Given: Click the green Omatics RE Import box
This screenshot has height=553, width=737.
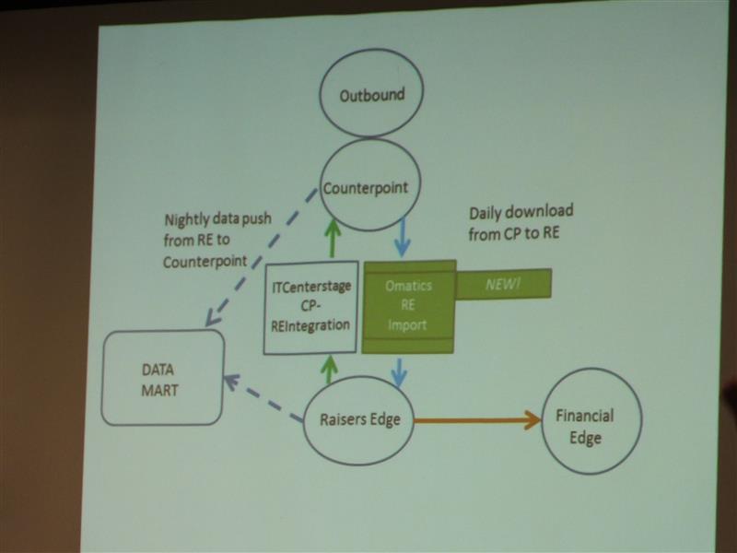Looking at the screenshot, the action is point(408,306).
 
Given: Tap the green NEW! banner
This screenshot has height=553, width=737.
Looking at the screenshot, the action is point(503,284).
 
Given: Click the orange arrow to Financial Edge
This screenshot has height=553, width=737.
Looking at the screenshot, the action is point(478,420).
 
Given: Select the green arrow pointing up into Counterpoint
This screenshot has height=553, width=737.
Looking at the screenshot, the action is point(333,239).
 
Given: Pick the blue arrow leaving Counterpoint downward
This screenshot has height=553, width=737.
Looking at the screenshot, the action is point(402,237).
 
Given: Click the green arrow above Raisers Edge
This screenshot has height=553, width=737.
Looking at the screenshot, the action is point(330,370).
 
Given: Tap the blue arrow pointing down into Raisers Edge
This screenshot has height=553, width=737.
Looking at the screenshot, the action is point(400,373).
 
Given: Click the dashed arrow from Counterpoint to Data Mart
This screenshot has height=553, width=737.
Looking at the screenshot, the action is point(262,258).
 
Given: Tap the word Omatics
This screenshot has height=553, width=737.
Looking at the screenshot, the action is point(408,286).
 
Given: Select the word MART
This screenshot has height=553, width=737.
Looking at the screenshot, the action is point(159,390).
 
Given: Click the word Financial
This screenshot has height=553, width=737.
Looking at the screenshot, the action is point(585,416).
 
